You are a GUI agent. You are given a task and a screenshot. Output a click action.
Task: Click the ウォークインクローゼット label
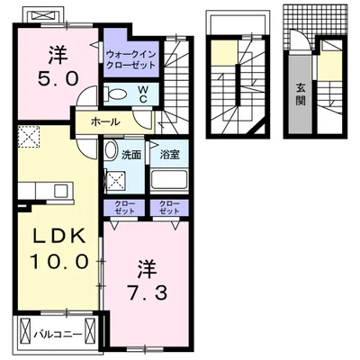(x=131, y=59)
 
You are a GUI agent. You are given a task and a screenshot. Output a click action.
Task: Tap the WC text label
(x=143, y=94)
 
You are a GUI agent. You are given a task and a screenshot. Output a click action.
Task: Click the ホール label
(x=105, y=122)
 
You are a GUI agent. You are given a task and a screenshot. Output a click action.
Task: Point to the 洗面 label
(x=131, y=155)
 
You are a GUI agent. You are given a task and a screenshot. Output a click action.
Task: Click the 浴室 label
(x=169, y=155)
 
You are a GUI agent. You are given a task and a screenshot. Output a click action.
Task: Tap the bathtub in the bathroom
(x=169, y=180)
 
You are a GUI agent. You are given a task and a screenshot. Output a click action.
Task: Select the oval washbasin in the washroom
(x=112, y=150)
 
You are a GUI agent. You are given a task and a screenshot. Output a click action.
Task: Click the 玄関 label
(x=301, y=94)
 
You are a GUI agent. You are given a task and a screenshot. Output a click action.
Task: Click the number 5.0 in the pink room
(x=58, y=80)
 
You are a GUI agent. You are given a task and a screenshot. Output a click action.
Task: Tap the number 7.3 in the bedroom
(x=148, y=292)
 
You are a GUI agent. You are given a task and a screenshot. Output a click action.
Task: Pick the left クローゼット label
(x=125, y=208)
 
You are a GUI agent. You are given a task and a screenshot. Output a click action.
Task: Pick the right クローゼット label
(x=169, y=208)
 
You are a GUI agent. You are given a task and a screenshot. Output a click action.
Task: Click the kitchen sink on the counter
(x=61, y=191)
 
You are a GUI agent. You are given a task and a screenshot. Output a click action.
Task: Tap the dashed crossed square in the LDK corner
(x=29, y=137)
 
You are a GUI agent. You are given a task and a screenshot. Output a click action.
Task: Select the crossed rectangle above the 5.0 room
(x=44, y=15)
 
